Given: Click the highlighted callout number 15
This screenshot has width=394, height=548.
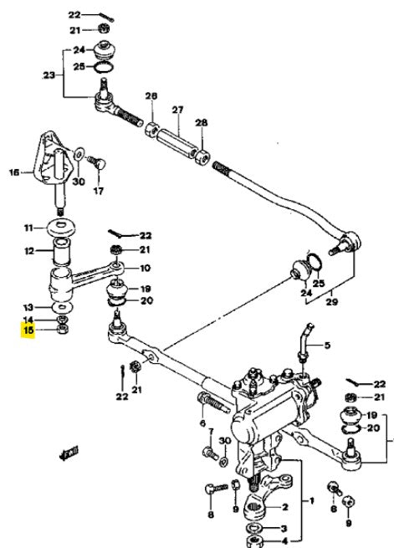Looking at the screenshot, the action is pos(28,330).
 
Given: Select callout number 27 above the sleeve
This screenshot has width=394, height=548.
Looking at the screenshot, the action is pos(177,110).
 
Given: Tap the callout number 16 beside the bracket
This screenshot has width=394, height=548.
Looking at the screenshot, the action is pos(14,172).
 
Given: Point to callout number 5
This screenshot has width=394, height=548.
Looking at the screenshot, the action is pos(327,346).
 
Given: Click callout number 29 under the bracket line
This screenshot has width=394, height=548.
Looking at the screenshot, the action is pos(331,301).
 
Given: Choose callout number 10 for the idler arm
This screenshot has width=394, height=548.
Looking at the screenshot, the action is pos(145,268).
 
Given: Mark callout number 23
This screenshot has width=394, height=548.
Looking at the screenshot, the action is pos(49,75).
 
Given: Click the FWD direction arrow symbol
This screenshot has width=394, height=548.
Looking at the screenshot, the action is pos(69,453).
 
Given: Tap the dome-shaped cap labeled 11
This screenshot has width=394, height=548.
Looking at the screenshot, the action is pos(61,228).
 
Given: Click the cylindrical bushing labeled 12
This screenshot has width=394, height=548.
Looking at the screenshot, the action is pos(61,250).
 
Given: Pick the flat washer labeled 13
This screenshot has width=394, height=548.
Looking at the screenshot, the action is pos(62,308).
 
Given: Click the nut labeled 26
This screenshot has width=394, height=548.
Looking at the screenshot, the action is pos(151,130).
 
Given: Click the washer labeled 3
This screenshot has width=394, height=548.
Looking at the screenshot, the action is pos(256,528).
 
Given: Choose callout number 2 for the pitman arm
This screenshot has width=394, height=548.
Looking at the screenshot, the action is pos(285,507).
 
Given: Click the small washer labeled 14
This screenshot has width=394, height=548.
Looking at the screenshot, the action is pos(62,319).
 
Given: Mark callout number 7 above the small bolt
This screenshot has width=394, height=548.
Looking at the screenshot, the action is pos(211,432).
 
